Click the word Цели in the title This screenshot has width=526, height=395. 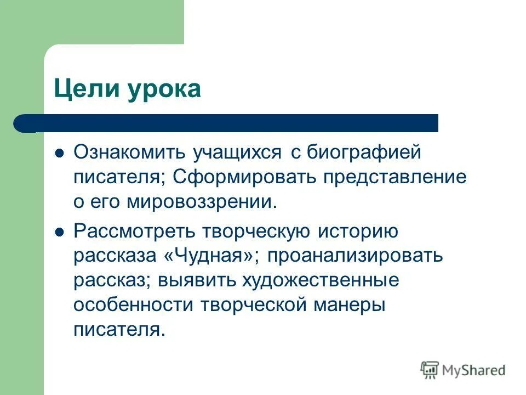pos(86,88)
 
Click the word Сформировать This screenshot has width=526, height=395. pos(246,177)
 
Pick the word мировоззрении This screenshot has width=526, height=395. pos(199,201)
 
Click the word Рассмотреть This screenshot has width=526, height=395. pos(135,232)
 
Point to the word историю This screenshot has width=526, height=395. pos(358,232)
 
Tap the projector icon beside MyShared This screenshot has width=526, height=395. pos(430,369)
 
